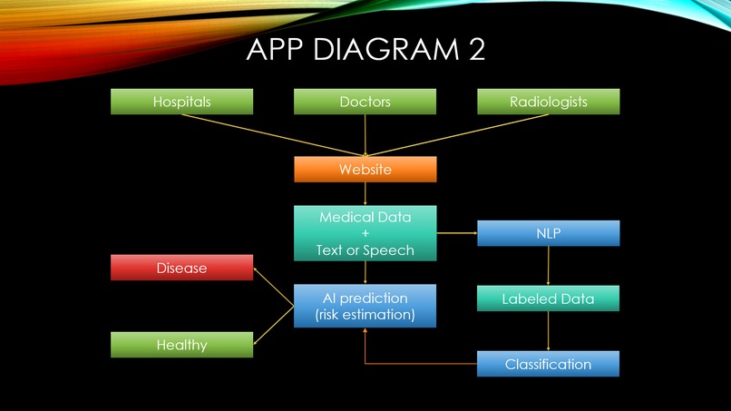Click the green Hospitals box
(x=181, y=102)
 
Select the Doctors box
(x=365, y=102)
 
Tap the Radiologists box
(x=548, y=102)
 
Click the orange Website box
(x=365, y=170)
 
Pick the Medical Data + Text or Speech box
(x=365, y=233)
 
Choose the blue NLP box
(x=548, y=233)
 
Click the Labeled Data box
(x=548, y=298)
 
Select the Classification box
(x=548, y=364)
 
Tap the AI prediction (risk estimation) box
(x=365, y=306)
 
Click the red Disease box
(x=181, y=268)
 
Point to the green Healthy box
(x=181, y=345)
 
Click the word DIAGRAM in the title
(x=393, y=50)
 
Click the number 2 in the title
(x=476, y=50)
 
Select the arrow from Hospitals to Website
(x=272, y=133)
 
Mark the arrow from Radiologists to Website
(x=458, y=133)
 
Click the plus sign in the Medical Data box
(x=365, y=233)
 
